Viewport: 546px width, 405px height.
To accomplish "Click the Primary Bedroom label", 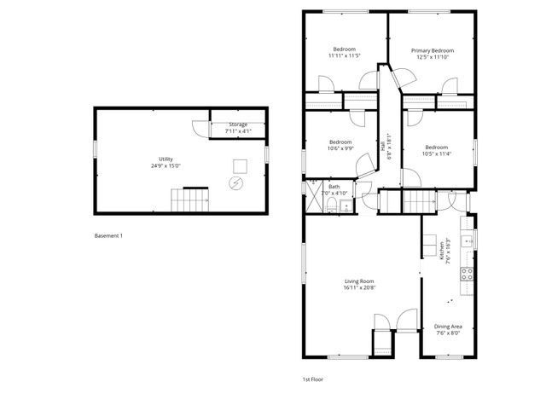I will click(x=430, y=50).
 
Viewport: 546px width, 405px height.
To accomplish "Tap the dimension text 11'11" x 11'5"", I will click(x=345, y=57).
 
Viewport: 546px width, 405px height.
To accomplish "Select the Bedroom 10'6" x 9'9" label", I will click(x=340, y=142).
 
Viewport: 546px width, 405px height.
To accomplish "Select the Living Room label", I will click(x=359, y=281).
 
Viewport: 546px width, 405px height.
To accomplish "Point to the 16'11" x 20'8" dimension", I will click(x=359, y=288).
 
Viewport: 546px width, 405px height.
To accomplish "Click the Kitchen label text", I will click(x=442, y=250).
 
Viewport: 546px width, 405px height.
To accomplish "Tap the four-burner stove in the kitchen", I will click(x=468, y=274).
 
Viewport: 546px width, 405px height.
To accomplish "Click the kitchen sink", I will click(x=468, y=242).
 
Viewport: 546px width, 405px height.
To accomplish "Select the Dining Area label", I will click(x=448, y=326).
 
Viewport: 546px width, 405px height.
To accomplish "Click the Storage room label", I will click(x=237, y=124).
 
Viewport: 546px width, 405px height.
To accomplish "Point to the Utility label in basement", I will click(x=165, y=159).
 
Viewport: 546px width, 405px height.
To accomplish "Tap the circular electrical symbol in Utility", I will click(x=235, y=182).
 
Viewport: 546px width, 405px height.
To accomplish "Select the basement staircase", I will click(x=191, y=202).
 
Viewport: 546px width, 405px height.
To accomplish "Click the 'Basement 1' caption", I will click(x=108, y=235).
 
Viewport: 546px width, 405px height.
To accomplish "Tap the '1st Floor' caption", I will click(x=314, y=378).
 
